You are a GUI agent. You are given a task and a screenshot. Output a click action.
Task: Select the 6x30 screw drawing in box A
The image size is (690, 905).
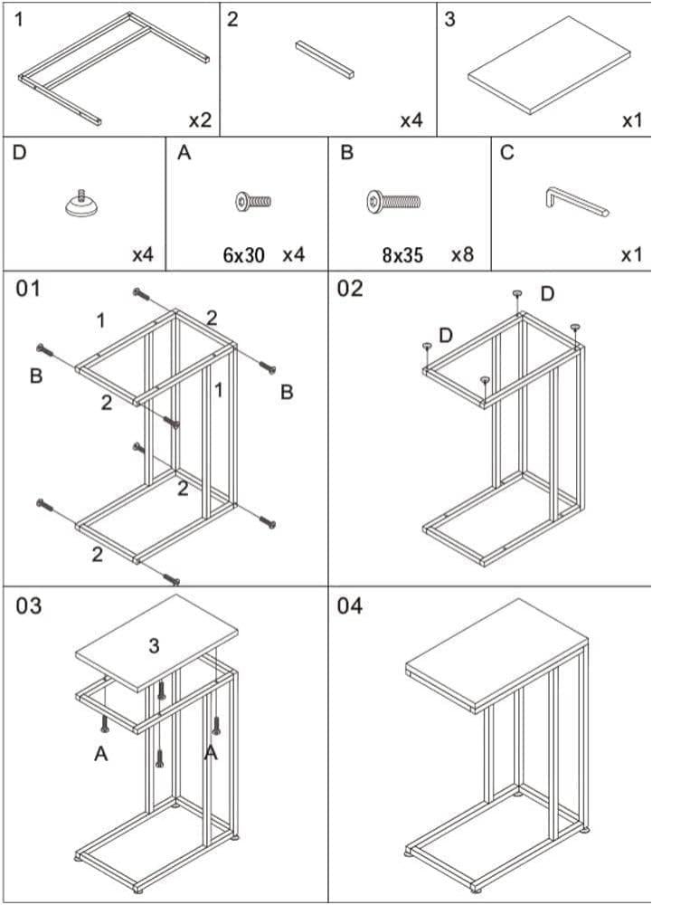253,201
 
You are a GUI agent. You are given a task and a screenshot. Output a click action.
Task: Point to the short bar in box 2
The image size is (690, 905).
325,59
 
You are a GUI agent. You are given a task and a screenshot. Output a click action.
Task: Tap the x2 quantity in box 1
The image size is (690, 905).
200,119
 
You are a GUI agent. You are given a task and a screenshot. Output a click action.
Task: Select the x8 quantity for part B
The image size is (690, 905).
462,254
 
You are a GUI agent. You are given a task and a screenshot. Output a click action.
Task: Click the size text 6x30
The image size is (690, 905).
243,255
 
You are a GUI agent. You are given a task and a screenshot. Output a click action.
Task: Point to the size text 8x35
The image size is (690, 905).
402,255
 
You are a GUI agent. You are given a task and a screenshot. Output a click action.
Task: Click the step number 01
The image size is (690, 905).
29,289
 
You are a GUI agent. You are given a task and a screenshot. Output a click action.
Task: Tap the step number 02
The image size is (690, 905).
350,289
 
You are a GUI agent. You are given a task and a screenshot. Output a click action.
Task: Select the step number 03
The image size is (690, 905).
29,605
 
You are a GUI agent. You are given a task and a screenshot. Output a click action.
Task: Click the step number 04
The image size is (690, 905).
350,605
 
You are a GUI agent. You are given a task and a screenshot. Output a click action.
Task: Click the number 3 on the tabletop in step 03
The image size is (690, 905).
154,645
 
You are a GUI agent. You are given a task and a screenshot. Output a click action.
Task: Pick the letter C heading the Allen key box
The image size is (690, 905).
506,153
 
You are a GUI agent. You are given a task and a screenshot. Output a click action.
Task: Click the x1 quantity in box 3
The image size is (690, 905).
632,119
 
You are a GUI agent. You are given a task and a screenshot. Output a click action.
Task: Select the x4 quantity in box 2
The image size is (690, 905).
411,119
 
